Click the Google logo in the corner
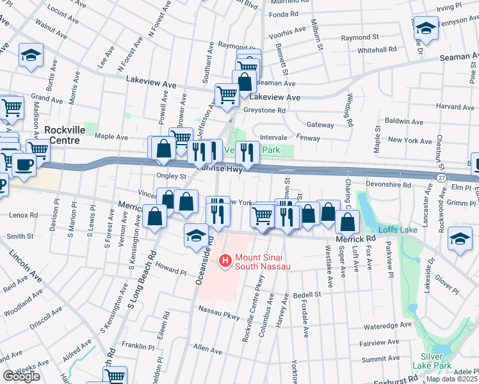click(x=21, y=376)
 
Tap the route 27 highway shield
click(x=442, y=177)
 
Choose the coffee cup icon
click(x=24, y=164)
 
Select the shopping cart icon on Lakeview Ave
click(x=227, y=95)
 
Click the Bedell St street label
click(x=306, y=294)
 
